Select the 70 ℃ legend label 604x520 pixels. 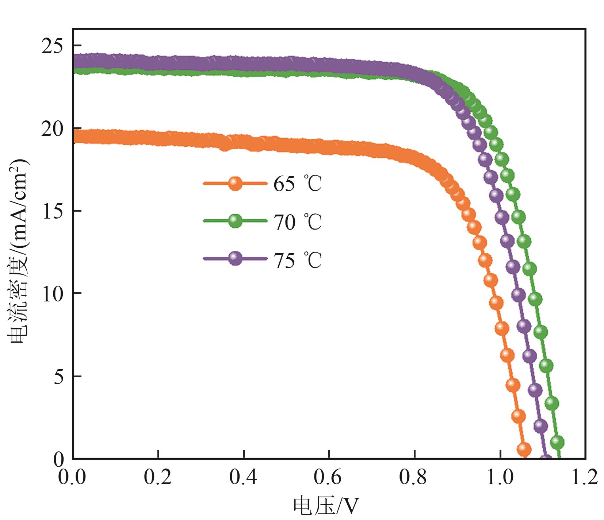tap(297, 222)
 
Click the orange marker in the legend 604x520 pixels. tap(235, 183)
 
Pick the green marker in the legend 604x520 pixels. tap(235, 221)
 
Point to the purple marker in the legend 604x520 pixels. tap(235, 258)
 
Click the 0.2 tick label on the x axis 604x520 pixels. tap(158, 477)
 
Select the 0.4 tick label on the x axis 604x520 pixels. tap(243, 477)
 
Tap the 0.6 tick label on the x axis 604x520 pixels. tap(328, 477)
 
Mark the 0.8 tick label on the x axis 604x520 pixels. tap(414, 477)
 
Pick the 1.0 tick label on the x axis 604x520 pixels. tap(500, 477)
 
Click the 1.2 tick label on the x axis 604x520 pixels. tap(584, 477)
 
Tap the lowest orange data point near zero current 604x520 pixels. tap(524, 449)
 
